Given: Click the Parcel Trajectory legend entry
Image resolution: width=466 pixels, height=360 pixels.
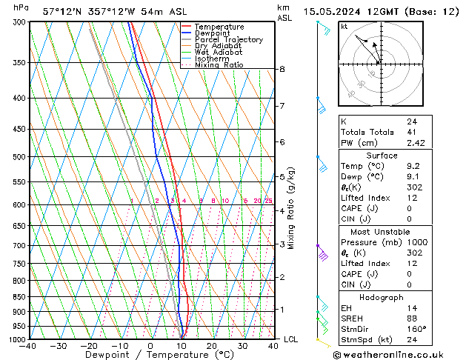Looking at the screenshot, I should pyautogui.click(x=228, y=39).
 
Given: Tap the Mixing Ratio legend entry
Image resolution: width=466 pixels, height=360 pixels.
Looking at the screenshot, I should pyautogui.click(x=219, y=65).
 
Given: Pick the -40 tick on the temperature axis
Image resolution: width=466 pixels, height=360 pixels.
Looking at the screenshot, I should pyautogui.click(x=29, y=346).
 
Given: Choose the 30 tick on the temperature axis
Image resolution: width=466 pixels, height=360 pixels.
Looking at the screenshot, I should pyautogui.click(x=242, y=346).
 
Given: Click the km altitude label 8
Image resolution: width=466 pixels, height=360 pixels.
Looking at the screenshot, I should pyautogui.click(x=282, y=69).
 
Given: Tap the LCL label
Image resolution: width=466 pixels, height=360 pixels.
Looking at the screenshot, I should pyautogui.click(x=291, y=339).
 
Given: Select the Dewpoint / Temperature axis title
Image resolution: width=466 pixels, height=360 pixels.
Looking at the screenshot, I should pyautogui.click(x=150, y=355).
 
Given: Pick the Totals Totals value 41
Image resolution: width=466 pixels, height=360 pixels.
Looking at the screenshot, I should pyautogui.click(x=411, y=132).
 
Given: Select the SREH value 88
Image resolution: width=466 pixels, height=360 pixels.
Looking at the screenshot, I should pyautogui.click(x=411, y=319).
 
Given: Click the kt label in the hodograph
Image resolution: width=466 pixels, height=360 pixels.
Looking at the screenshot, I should pyautogui.click(x=344, y=27).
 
